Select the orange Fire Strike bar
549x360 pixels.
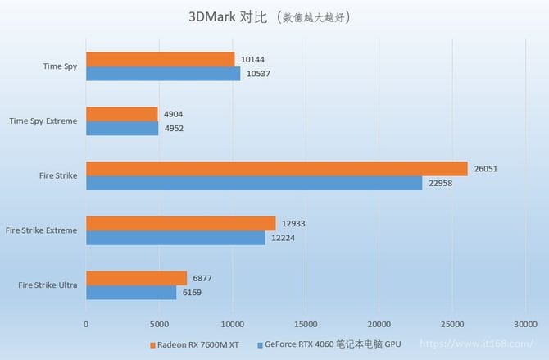coord(276,169)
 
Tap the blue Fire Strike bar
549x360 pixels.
coord(254,183)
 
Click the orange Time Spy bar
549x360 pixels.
coord(160,60)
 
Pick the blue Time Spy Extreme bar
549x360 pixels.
coord(122,128)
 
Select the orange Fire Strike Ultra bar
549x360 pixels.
coord(136,278)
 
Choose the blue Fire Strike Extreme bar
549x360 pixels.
coord(175,237)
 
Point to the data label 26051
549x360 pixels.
coord(484,169)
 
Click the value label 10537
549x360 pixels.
coord(256,74)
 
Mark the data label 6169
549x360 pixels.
coord(192,292)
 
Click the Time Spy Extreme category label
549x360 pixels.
coord(43,121)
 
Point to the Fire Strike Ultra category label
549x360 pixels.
coord(48,285)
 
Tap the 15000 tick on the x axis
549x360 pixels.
coord(305,323)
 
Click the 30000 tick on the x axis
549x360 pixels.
coord(524,323)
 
